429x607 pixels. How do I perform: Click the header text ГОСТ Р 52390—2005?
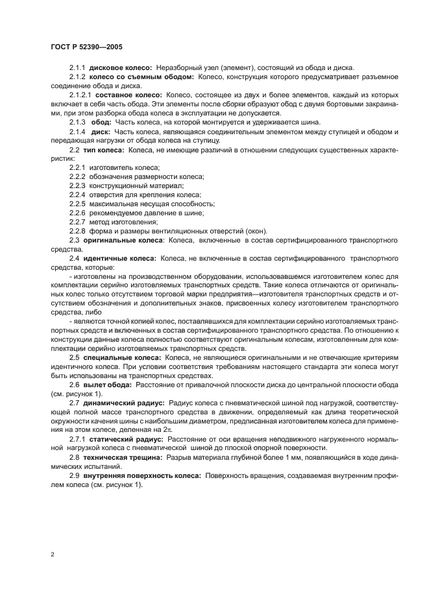click(86, 47)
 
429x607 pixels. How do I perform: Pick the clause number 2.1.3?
click(78, 122)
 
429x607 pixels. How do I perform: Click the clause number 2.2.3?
click(78, 185)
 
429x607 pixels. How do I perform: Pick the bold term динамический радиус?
click(125, 402)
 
